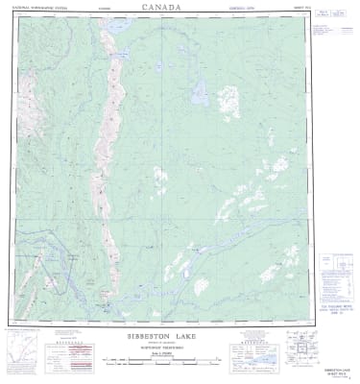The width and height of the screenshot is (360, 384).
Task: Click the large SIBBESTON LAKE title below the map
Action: [165, 338]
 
